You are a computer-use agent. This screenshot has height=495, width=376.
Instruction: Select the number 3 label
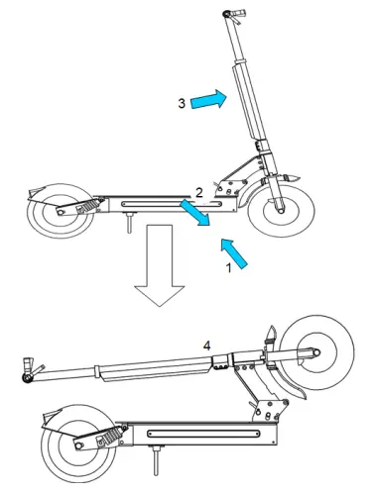coord(182,102)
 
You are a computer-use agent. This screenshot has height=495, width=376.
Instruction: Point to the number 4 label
coord(206,345)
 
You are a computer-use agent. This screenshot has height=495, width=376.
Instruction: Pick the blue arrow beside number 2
coord(194,212)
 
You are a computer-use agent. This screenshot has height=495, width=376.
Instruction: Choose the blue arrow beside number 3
coord(208,99)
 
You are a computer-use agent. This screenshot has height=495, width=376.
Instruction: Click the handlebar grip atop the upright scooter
coord(232,14)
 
